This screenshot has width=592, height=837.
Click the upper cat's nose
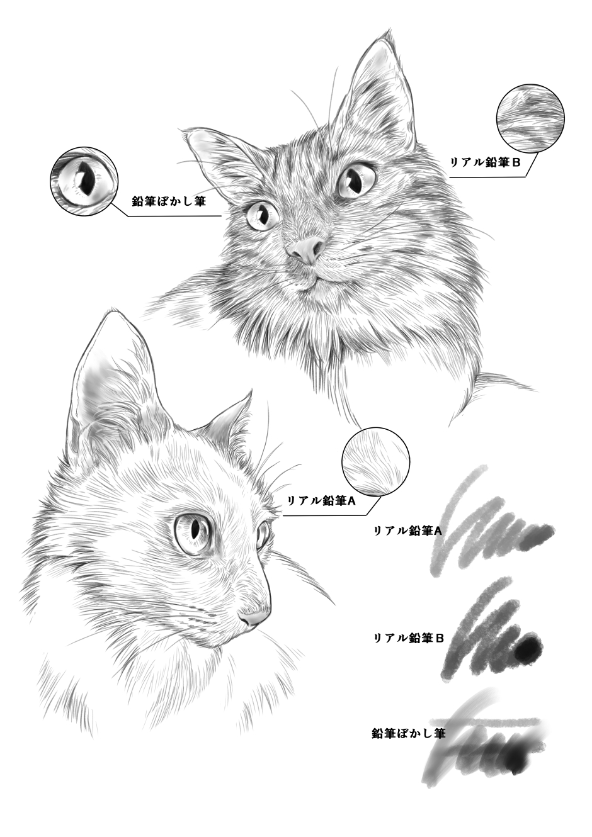[307, 250]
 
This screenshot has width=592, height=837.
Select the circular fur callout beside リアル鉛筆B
[530, 118]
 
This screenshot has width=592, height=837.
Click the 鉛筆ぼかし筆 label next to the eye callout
[169, 201]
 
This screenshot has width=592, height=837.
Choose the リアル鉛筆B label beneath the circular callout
[485, 162]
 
